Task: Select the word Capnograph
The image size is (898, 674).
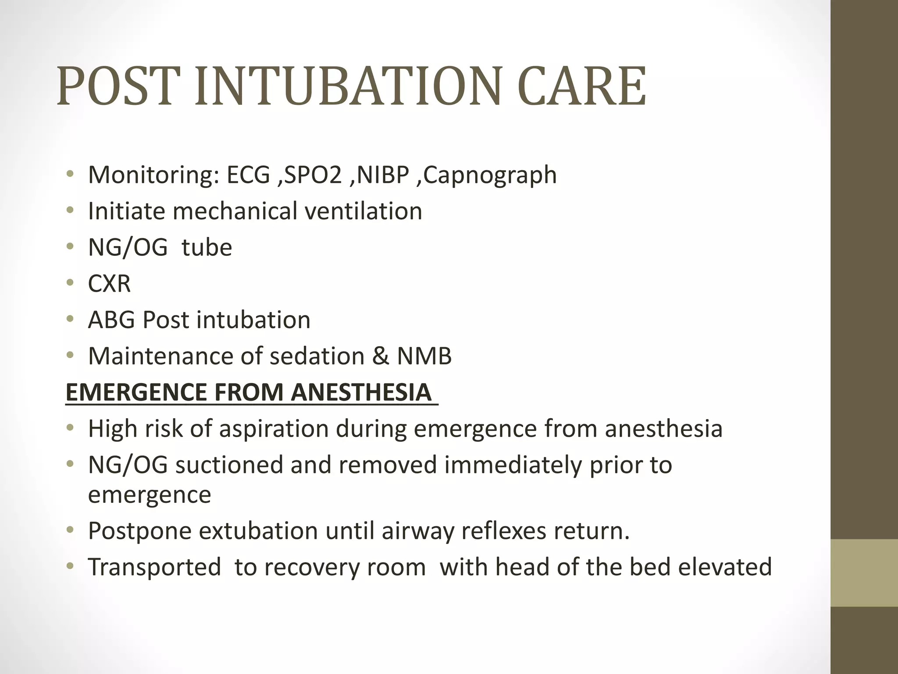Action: point(490,175)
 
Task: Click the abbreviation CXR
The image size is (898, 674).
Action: point(109,283)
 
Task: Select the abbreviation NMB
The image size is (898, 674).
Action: point(424,356)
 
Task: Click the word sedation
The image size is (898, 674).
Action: point(317,356)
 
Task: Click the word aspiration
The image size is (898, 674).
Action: point(274,428)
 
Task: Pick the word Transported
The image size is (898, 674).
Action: point(154,567)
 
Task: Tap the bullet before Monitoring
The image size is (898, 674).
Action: point(70,175)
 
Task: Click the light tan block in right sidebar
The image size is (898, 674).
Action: point(864,573)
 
